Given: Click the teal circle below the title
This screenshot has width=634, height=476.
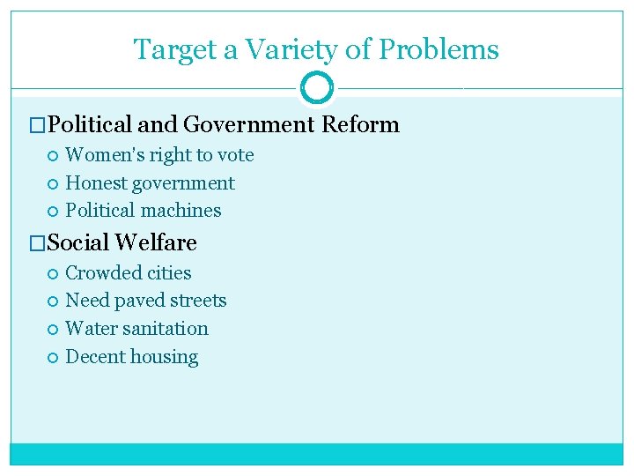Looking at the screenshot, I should (x=316, y=88).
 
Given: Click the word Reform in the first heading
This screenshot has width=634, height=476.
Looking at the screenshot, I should (x=360, y=124).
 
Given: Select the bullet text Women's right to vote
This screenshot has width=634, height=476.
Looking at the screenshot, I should (x=159, y=155).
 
